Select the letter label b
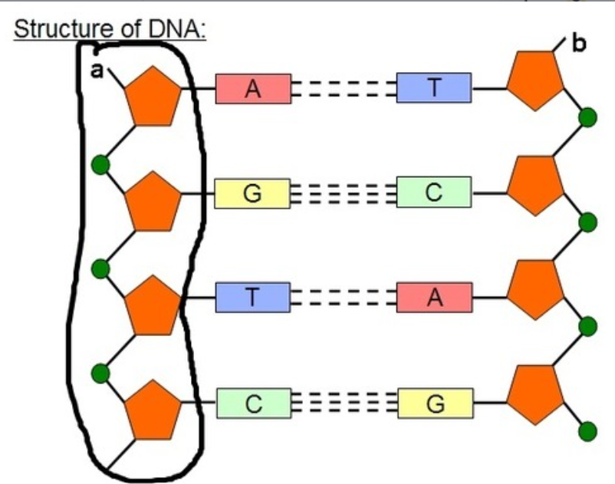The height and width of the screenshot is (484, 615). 578,43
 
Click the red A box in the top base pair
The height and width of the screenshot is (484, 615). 252,89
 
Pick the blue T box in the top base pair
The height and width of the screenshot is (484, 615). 434,89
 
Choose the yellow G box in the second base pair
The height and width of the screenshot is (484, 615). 252,193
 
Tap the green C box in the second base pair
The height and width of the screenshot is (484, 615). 434,193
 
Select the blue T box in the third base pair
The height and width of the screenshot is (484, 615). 252,298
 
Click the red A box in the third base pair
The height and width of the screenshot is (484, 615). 434,298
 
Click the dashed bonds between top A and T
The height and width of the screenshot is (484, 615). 343,89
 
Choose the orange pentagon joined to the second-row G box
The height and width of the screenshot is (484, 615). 153,203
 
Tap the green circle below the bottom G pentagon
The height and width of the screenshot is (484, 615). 587,430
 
